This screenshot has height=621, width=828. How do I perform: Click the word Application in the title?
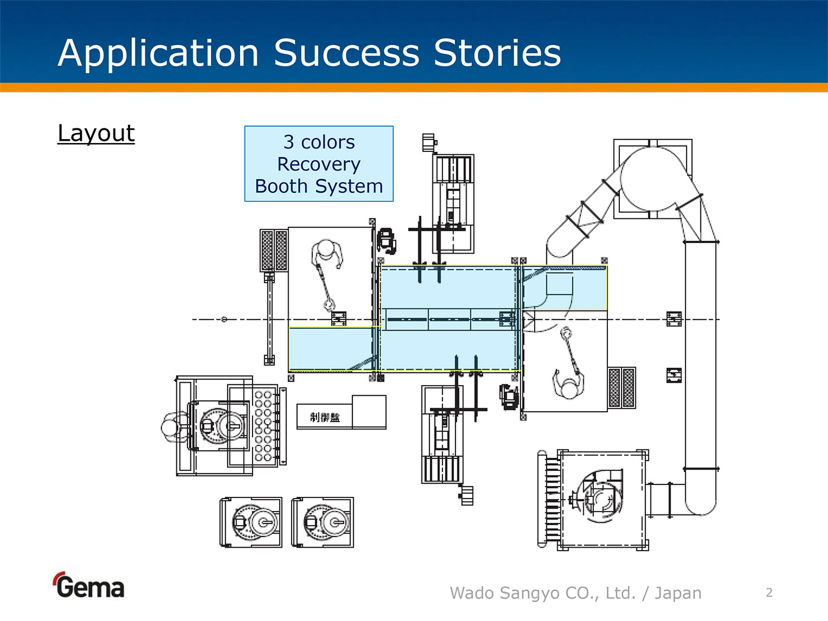(x=159, y=53)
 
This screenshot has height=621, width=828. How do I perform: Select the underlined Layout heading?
(x=96, y=133)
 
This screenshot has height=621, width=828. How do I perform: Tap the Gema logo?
(x=89, y=586)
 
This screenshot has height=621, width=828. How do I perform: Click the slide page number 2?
(x=769, y=593)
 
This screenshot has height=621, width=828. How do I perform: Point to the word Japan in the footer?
(x=678, y=593)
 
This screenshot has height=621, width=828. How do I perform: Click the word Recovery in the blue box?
(x=319, y=164)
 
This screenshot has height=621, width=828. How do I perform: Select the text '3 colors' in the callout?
(x=319, y=142)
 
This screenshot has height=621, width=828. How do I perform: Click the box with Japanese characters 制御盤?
(x=325, y=417)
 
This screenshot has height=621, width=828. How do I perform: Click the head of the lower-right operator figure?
(x=569, y=389)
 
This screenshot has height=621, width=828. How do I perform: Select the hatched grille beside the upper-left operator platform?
(x=274, y=250)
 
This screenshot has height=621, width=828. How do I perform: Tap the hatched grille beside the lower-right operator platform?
(x=622, y=387)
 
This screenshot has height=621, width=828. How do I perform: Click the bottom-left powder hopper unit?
(x=251, y=522)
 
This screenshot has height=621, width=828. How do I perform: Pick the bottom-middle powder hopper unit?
(x=323, y=522)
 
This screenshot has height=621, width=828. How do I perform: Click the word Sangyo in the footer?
(x=531, y=593)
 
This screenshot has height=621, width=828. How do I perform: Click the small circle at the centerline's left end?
(x=224, y=319)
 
